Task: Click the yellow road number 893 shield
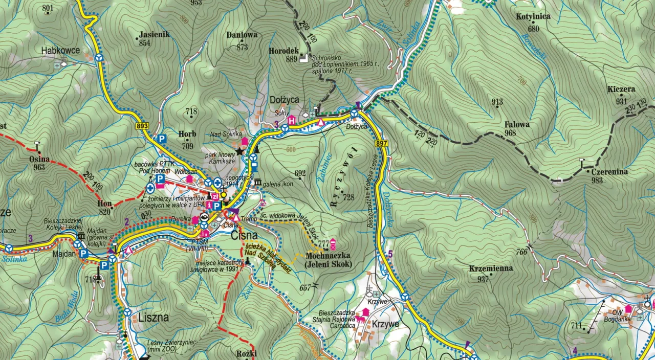point(142,126)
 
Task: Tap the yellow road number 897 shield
point(381,144)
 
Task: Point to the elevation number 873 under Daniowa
point(242,48)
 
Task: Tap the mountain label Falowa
point(517,124)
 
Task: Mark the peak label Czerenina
point(610,172)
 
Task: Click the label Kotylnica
point(533,16)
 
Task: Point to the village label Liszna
point(154,317)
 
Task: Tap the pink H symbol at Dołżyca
point(292,121)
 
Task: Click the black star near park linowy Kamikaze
point(240,151)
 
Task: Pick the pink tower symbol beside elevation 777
point(333,244)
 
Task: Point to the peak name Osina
point(39,159)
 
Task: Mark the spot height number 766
point(521,251)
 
